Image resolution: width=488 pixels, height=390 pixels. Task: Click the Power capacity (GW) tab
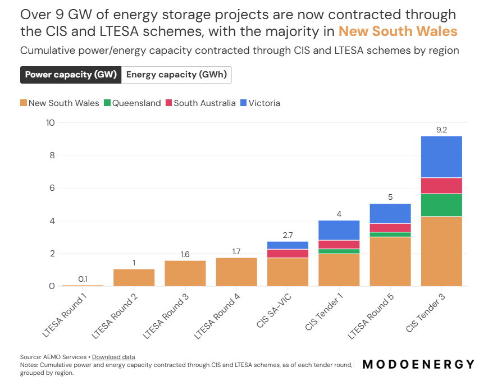71,75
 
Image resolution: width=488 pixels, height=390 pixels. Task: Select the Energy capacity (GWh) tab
176,75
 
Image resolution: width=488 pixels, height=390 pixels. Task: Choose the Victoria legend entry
259,103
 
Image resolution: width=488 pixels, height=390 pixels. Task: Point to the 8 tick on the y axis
51,155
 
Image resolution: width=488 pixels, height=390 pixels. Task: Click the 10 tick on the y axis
49,123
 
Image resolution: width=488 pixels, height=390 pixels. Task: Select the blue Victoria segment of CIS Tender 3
441,157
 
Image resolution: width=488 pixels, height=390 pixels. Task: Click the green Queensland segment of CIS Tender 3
441,205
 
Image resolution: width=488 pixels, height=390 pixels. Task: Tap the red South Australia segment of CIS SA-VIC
288,254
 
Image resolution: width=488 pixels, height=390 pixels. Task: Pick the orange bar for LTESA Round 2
134,278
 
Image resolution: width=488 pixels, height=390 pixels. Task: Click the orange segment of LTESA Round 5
390,261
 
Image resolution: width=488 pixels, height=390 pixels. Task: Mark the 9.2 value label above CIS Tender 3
441,130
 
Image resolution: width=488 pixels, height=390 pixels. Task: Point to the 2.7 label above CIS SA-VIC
288,235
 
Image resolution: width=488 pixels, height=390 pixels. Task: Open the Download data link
113,357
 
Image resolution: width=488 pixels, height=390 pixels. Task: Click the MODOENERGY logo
418,364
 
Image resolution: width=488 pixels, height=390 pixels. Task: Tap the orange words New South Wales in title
398,31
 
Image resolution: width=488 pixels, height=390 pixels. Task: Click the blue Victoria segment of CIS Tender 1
339,230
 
